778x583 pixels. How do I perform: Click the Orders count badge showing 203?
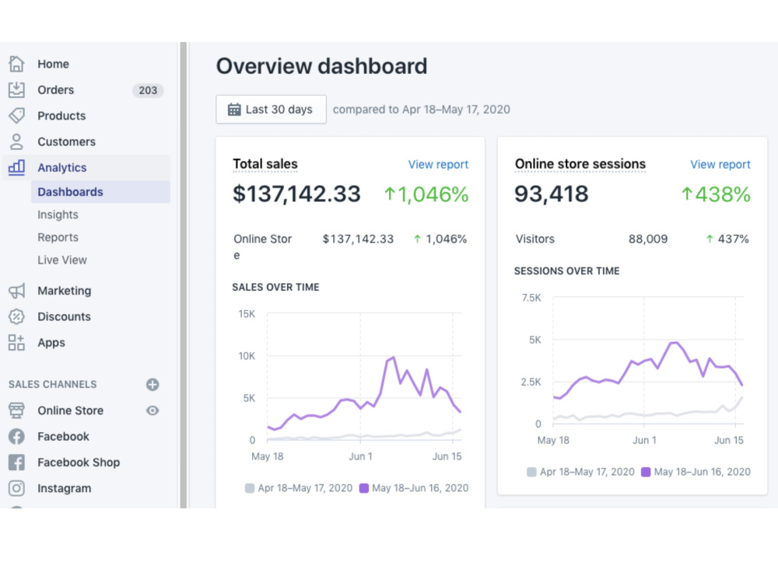pos(148,90)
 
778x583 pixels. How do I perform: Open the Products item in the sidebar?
pos(61,116)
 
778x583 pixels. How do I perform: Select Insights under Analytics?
pos(58,215)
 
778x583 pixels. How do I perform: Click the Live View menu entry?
pos(62,260)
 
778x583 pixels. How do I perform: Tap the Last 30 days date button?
pos(271,109)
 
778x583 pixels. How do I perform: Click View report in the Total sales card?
pos(438,164)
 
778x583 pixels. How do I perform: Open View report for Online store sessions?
pos(720,164)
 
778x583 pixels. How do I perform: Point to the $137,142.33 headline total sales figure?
pos(296,194)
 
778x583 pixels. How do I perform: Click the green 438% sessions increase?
pos(716,194)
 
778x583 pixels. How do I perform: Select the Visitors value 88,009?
pos(648,239)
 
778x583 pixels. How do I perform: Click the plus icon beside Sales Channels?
pos(152,384)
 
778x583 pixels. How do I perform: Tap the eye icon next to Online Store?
pos(152,410)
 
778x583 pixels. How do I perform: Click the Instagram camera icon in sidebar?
pos(16,488)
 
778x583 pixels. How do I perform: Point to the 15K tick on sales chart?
pos(247,314)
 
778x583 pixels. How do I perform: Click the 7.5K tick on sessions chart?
pos(531,298)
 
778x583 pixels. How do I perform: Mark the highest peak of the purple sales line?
pos(394,357)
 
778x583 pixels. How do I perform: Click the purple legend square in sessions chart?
pos(646,472)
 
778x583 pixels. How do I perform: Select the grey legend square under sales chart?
pos(250,488)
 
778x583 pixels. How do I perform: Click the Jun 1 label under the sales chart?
pos(360,456)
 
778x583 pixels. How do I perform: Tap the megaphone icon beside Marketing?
pos(16,291)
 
